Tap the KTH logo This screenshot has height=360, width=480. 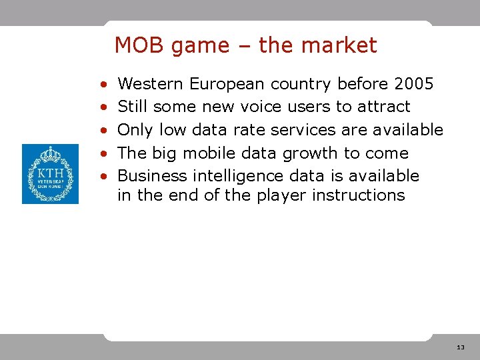click(50, 174)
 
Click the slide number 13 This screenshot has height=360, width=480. click(461, 348)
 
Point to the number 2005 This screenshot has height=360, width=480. click(414, 84)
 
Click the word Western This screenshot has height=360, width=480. click(151, 84)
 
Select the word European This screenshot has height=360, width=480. click(227, 85)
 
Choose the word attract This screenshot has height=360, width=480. click(384, 107)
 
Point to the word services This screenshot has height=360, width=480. click(311, 130)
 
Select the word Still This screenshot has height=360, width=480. click(133, 107)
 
